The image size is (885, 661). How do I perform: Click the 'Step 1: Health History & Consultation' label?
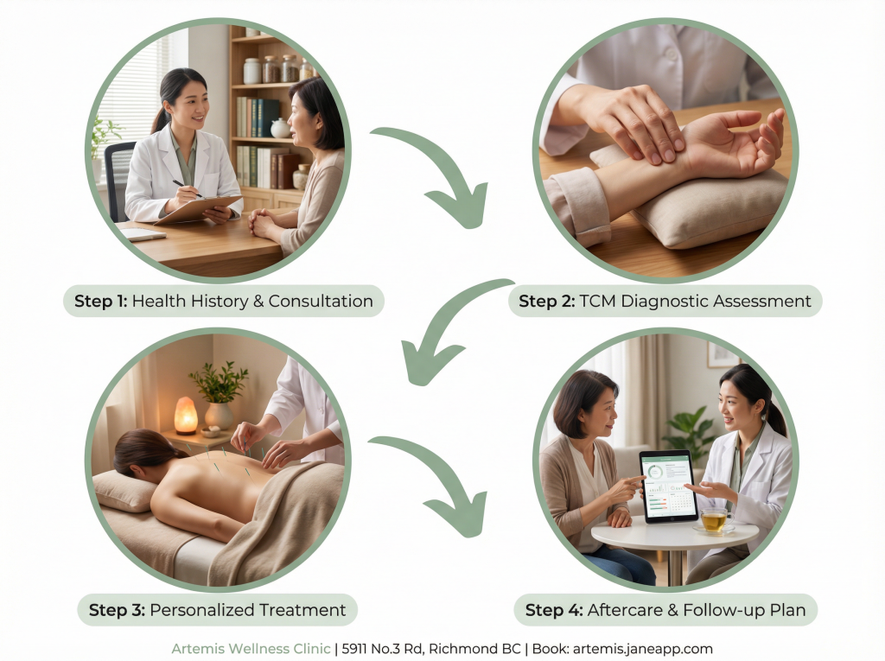224,301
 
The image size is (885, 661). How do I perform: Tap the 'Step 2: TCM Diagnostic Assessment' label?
665,301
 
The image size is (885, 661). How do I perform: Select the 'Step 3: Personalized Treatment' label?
217,610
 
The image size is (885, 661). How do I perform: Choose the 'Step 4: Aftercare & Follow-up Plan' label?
665,610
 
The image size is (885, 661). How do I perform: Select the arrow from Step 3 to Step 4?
446,474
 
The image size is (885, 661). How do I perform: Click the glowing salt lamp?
186,416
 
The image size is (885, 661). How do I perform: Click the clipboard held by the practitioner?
198,209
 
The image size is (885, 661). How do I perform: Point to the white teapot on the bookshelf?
281,128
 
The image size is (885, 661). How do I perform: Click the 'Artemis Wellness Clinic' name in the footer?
251,649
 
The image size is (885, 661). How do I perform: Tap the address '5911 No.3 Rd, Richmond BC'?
431,649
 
